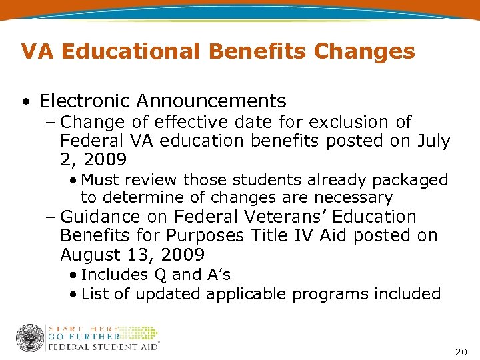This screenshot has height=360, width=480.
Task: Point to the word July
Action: (x=434, y=141)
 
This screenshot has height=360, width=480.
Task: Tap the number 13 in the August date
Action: (x=145, y=255)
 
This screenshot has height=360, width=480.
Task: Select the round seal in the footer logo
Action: (x=29, y=338)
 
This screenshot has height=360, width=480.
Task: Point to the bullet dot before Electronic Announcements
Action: (x=26, y=102)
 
